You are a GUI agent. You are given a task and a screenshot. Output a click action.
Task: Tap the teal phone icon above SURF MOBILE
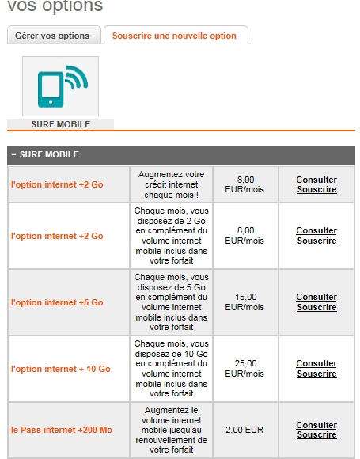coord(61,86)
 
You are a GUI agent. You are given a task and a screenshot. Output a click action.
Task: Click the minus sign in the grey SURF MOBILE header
coord(13,154)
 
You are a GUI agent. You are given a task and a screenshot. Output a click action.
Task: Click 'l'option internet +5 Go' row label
coord(57,302)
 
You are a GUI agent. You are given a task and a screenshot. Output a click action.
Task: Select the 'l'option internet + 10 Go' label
coord(61,369)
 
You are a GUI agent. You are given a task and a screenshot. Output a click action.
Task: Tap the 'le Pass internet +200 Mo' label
coord(62,430)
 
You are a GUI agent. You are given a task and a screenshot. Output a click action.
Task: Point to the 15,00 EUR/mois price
coord(244,302)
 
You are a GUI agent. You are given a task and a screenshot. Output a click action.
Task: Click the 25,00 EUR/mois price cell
coord(244,369)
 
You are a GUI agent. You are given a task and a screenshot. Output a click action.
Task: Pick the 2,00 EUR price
coord(244,430)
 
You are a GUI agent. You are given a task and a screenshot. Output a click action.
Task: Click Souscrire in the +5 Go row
coord(316,307)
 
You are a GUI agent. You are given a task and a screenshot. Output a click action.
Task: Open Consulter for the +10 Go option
coord(316,363)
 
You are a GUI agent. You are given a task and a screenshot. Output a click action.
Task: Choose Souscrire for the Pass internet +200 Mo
coord(316,434)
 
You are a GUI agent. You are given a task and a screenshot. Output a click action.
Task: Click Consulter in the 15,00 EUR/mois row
coord(316,297)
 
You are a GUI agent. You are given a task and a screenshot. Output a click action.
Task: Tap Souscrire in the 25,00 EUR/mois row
coord(316,374)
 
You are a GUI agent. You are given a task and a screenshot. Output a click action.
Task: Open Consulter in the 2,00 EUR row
coord(316,425)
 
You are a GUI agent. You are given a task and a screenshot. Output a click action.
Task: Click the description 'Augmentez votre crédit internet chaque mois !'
coord(172,184)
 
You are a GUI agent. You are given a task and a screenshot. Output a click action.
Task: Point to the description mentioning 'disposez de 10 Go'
coord(172,369)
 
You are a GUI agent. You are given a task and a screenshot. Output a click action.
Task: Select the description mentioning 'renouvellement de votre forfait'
coord(172,430)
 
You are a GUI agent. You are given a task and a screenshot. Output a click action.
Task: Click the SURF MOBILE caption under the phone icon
coord(61,124)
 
